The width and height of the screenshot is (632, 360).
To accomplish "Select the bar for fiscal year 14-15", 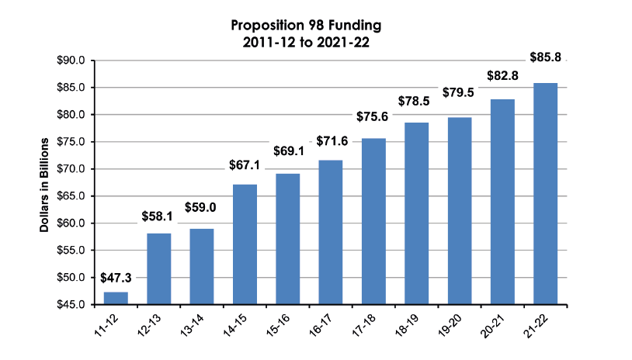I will click(245, 244).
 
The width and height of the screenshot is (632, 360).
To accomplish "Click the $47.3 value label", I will click(116, 278).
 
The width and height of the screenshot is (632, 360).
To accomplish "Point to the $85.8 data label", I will click(545, 57).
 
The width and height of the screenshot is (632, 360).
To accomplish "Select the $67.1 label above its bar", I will click(245, 165).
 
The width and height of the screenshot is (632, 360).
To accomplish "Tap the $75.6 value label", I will click(373, 116).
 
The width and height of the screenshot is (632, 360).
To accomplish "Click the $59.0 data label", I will click(202, 208).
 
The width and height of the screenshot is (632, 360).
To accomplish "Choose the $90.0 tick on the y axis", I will click(71, 61).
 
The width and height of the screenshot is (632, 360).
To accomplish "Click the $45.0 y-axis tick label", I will click(71, 305).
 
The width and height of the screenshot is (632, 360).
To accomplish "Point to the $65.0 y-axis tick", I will click(71, 196).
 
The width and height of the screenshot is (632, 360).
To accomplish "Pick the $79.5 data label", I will click(459, 92).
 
